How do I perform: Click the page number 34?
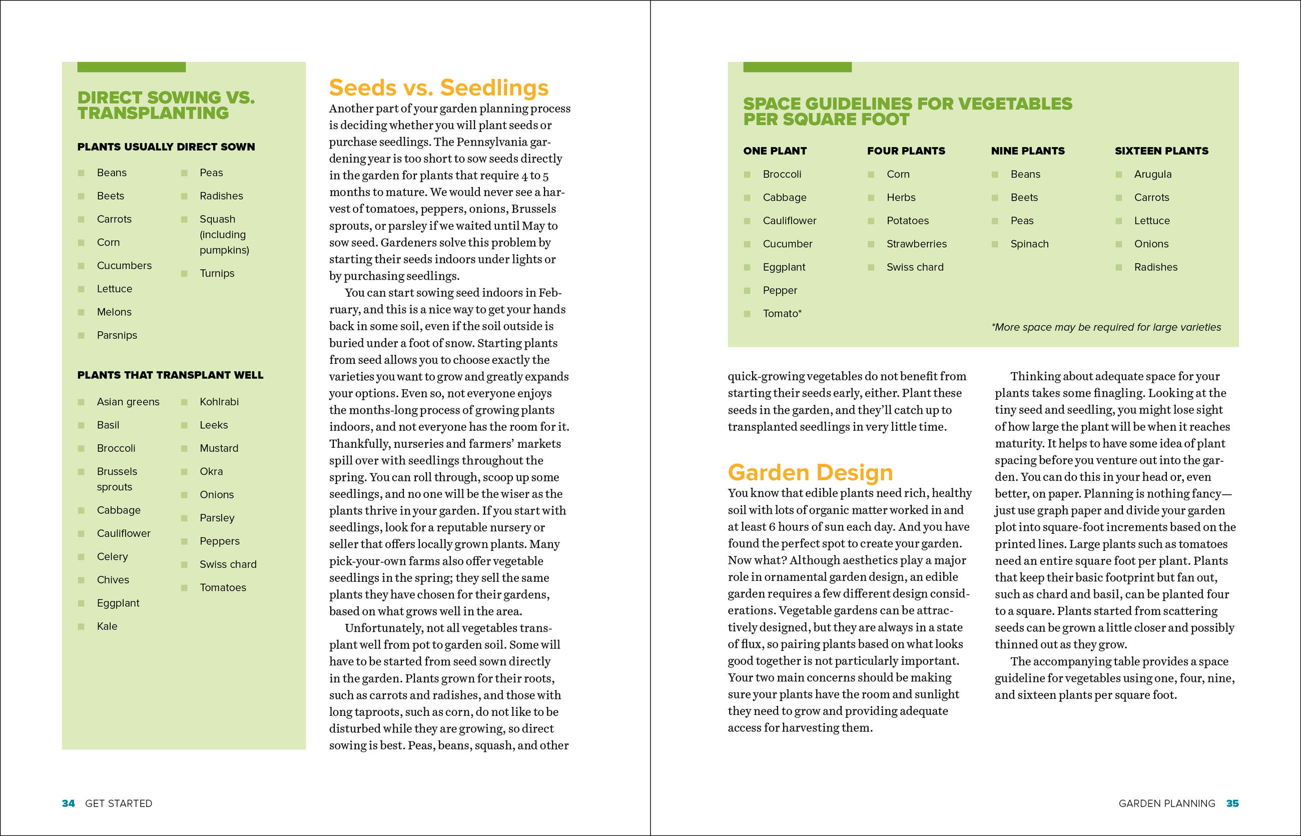pos(68,803)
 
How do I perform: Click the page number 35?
pos(1232,803)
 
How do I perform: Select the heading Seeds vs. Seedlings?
pos(439,88)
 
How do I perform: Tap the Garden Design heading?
pos(810,472)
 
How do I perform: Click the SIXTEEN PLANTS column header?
pos(1161,151)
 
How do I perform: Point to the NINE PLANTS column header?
pos(1027,151)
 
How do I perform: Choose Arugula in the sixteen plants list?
pos(1152,174)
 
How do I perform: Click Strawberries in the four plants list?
pos(916,244)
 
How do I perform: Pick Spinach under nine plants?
pos(1029,244)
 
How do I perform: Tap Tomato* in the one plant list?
pos(782,314)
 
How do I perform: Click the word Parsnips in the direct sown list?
pos(117,336)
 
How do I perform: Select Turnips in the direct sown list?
pos(217,274)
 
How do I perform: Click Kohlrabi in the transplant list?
pos(219,402)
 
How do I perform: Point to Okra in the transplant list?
pos(211,472)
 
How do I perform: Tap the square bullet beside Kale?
pos(81,626)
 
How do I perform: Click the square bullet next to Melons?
pos(81,312)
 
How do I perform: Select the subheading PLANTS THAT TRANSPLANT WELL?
pos(170,375)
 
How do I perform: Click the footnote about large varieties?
pos(1105,327)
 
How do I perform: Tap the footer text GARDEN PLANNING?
pos(1166,803)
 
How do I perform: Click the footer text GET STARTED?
pos(119,803)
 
